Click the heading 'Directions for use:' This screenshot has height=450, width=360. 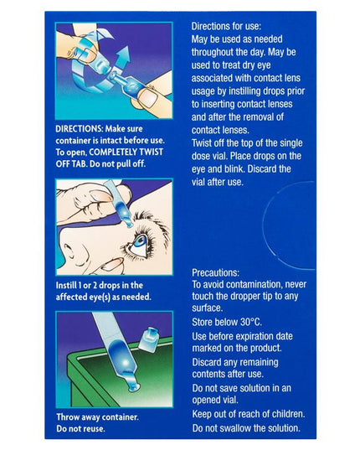pos(226,27)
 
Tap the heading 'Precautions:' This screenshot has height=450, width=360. pos(215,272)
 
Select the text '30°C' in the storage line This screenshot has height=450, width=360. pos(251,322)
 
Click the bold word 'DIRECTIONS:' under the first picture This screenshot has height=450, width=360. pos(79,128)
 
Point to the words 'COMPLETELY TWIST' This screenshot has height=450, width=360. pos(126,153)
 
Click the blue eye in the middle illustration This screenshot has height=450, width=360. pos(140,242)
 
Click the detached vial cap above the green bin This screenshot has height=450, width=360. pos(148,339)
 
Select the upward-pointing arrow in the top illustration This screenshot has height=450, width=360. pos(122,57)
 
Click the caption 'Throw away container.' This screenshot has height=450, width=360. pos(97,417)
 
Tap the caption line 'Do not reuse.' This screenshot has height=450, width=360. pos(80,428)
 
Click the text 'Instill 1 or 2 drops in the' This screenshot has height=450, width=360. pos(99,285)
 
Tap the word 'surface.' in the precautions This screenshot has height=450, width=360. pos(207,308)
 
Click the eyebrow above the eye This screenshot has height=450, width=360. pos(149,222)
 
